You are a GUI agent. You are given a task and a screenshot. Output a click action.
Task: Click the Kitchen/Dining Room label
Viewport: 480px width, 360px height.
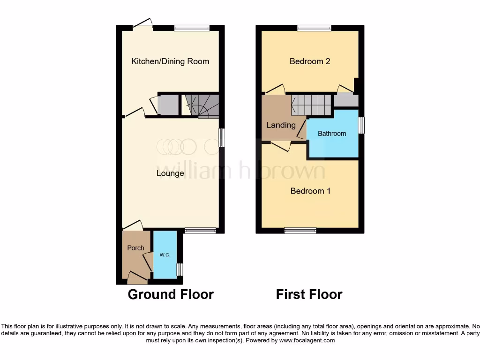[170, 61]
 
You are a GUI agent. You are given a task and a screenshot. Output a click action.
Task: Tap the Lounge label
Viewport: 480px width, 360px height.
[170, 173]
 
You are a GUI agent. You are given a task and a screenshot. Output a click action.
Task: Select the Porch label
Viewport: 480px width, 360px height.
[135, 248]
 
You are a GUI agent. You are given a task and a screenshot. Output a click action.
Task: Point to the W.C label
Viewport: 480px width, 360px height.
[165, 255]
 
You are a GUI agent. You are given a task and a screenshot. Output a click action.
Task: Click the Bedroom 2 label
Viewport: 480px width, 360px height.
[310, 61]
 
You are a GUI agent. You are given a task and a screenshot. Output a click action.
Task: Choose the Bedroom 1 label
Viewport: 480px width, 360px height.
[310, 191]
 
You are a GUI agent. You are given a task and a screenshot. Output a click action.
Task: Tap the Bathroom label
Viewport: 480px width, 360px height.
[332, 134]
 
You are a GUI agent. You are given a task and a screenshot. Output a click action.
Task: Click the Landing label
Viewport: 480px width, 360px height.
[281, 125]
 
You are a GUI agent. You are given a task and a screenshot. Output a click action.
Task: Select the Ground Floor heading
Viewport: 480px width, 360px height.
[171, 294]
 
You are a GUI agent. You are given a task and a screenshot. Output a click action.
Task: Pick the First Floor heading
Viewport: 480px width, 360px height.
[309, 294]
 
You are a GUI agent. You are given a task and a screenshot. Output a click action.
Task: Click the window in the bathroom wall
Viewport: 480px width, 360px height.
[361, 126]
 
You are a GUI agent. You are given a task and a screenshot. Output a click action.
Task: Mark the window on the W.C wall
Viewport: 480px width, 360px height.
[180, 270]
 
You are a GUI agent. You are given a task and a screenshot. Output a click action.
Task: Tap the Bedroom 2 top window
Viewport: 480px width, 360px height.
[314, 28]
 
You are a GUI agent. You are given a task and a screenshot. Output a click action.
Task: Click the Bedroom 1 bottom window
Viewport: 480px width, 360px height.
[300, 230]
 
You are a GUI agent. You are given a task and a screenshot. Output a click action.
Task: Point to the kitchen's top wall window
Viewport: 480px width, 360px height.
[192, 28]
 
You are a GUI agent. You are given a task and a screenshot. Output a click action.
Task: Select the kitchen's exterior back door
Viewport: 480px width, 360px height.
[143, 24]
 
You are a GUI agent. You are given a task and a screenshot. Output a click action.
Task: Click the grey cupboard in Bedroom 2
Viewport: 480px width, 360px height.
[346, 100]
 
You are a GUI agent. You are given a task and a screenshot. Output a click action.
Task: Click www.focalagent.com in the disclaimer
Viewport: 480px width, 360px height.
[307, 340]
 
